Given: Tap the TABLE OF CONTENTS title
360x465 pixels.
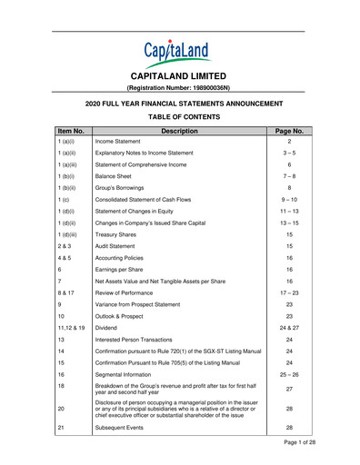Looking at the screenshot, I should click(x=179, y=117).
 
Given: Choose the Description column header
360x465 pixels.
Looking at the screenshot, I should click(x=179, y=131).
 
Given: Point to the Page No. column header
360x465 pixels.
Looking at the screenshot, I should click(x=288, y=131).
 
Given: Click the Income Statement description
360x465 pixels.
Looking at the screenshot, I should click(x=119, y=143).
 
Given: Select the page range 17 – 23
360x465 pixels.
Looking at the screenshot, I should click(x=288, y=322).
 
